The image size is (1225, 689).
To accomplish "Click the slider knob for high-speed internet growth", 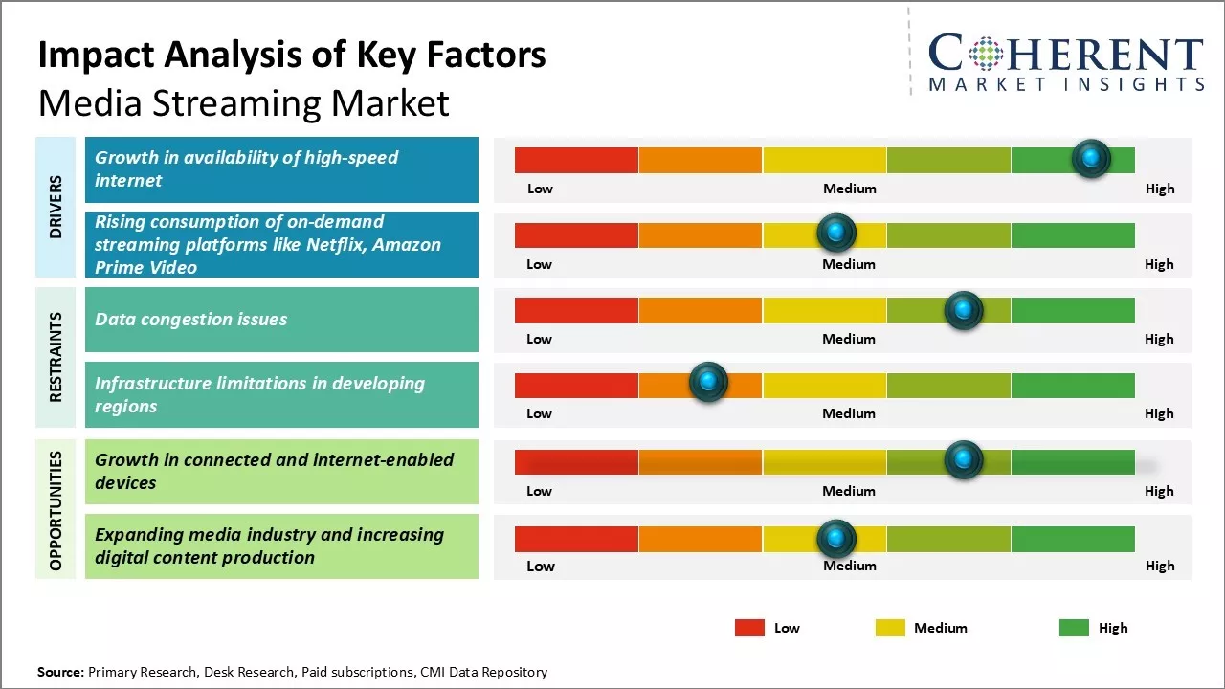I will point(1091,159).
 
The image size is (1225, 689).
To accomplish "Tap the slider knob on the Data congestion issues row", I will point(963,310).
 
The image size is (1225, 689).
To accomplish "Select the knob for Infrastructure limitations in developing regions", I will point(708,383).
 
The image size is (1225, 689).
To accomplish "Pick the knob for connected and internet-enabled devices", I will point(963,460).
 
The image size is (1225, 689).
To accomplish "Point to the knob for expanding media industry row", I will point(836,540).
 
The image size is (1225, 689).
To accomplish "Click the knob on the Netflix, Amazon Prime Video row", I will point(836,233).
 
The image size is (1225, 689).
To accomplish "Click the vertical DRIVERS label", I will point(56,207).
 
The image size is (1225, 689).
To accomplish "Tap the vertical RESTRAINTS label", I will point(56,357).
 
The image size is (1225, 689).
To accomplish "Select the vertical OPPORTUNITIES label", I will point(56,511).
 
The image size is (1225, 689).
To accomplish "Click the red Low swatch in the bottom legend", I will point(749,628).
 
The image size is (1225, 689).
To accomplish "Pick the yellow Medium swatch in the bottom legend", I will point(890,628).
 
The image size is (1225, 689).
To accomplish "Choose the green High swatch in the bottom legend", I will point(1074,628).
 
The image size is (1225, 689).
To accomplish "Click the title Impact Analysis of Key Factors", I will point(292,56).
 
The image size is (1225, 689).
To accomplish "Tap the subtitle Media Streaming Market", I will point(244,102).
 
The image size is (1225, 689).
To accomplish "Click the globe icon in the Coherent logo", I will point(985,54).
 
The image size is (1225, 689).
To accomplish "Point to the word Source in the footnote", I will point(59,672).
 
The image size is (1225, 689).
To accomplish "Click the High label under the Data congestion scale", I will point(1159,339).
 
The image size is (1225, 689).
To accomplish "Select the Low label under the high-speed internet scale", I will point(540,189).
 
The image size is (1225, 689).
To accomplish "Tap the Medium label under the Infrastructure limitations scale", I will point(849,413).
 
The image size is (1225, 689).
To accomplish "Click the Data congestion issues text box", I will point(281,320).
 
